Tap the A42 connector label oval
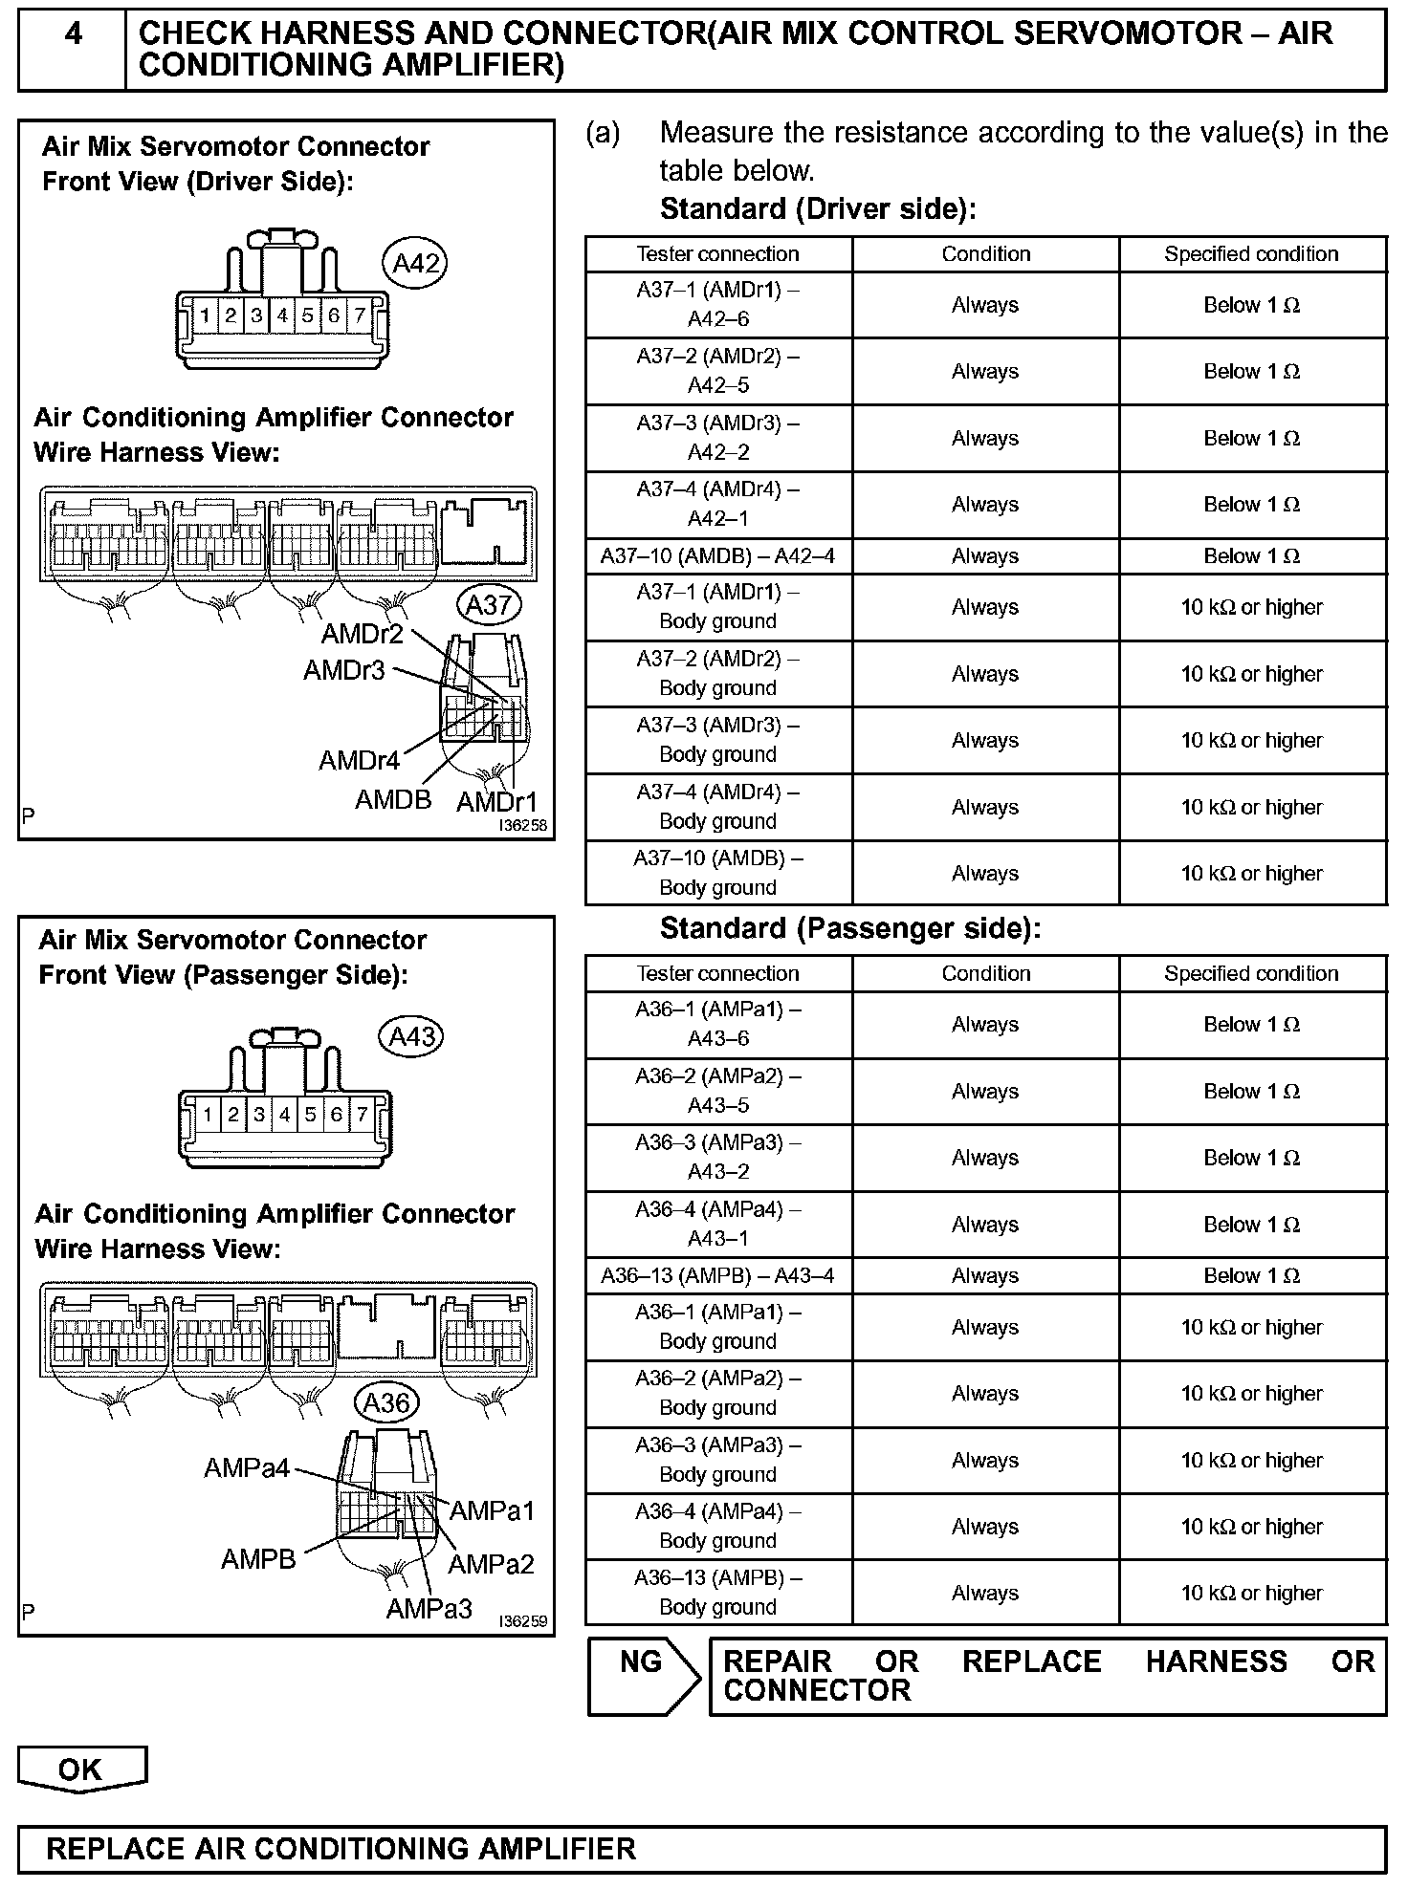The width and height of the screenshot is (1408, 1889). tap(414, 263)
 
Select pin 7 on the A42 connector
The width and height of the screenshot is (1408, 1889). tap(359, 315)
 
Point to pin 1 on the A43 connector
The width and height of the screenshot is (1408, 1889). tap(208, 1114)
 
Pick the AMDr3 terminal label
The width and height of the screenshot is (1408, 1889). tap(344, 670)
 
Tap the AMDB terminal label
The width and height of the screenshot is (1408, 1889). tap(393, 799)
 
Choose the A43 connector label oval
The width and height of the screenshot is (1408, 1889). tap(412, 1037)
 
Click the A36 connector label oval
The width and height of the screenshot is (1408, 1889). tap(386, 1402)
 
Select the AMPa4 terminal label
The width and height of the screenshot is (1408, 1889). tap(247, 1467)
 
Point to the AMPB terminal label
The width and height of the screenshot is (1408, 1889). tap(258, 1559)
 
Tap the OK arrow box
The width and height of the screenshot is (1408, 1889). tap(81, 1769)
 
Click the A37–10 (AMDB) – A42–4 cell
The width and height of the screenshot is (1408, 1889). tap(718, 556)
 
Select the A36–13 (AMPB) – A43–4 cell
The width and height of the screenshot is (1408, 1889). tap(718, 1276)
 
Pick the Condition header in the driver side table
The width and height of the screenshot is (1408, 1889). tap(985, 254)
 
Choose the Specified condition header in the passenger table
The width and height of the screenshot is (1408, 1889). tap(1251, 974)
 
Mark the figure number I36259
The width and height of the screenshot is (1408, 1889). tap(522, 1621)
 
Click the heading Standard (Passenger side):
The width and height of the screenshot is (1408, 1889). tap(849, 929)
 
